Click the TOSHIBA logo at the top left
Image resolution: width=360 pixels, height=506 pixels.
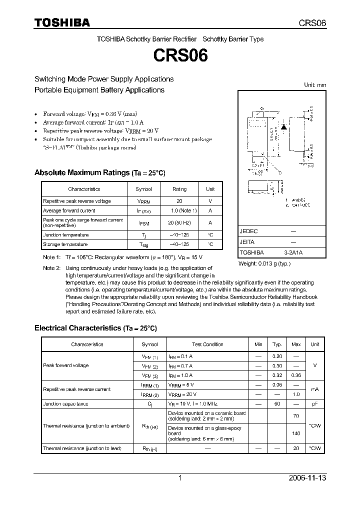click(x=62, y=22)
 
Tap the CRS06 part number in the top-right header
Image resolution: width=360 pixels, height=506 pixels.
click(x=312, y=23)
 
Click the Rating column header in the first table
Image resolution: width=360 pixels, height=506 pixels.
click(x=179, y=189)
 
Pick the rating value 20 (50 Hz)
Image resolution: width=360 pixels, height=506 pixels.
click(x=179, y=223)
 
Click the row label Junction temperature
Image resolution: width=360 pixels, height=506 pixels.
click(x=65, y=234)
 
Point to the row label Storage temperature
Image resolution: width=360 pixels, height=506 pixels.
click(x=65, y=244)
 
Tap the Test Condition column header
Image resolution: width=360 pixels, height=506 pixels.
click(x=207, y=344)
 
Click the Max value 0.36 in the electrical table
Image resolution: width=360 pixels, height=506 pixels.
click(x=296, y=375)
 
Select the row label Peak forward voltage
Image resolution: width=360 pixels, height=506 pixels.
click(x=65, y=365)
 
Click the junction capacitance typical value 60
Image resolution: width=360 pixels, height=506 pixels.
click(x=276, y=403)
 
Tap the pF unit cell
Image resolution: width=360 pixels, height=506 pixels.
click(x=315, y=403)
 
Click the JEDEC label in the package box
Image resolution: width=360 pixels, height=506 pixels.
click(x=248, y=231)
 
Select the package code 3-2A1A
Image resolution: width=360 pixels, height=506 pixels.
click(x=293, y=252)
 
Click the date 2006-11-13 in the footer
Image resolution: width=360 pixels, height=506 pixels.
click(x=307, y=478)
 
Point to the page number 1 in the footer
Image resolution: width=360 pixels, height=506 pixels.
click(x=180, y=478)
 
